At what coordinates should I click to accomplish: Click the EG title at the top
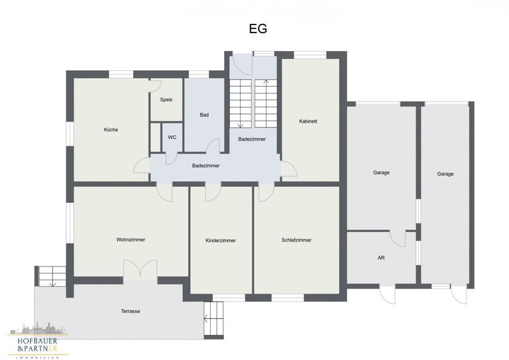pyautogui.click(x=258, y=29)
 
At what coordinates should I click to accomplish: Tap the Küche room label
pyautogui.click(x=111, y=129)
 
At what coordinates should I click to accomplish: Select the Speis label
pyautogui.click(x=166, y=99)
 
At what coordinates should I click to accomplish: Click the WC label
pyautogui.click(x=172, y=137)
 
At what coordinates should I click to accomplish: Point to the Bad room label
pyautogui.click(x=204, y=115)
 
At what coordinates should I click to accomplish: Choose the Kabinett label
pyautogui.click(x=308, y=121)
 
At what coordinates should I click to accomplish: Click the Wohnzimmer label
pyautogui.click(x=131, y=240)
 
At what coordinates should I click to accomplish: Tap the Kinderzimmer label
pyautogui.click(x=221, y=241)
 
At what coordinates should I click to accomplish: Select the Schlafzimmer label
pyautogui.click(x=296, y=240)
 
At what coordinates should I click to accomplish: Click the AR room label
pyautogui.click(x=381, y=258)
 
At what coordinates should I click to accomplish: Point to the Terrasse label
pyautogui.click(x=131, y=312)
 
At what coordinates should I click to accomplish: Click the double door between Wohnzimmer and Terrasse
pyautogui.click(x=141, y=269)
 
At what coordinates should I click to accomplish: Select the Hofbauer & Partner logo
pyautogui.click(x=38, y=341)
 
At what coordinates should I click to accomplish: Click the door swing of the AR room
pyautogui.click(x=398, y=239)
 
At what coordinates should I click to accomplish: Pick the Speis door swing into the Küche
pyautogui.click(x=156, y=86)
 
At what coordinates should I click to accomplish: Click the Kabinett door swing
pyautogui.click(x=289, y=169)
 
